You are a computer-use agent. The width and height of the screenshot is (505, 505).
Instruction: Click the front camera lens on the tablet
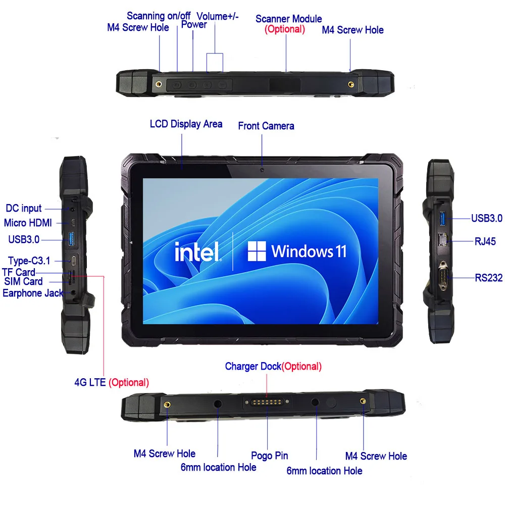pos(262,170)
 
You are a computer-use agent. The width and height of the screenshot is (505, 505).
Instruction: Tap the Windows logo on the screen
pos(257,251)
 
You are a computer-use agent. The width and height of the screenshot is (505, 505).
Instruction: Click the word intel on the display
pos(197,251)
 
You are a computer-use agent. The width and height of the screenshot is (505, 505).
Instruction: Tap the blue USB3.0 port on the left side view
pos(71,239)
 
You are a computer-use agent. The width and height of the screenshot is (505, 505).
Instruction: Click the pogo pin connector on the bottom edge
pos(266,402)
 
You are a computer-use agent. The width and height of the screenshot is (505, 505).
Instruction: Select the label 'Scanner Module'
pos(288,19)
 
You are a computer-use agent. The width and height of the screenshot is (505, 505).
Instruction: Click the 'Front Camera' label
pos(266,126)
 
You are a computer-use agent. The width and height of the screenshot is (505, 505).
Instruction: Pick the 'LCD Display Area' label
pos(186,124)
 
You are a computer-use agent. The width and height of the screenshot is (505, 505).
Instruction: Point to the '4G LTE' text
pos(90,382)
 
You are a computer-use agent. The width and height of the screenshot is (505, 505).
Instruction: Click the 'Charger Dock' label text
pos(253,367)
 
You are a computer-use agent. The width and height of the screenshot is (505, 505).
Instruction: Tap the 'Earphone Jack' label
pos(33,293)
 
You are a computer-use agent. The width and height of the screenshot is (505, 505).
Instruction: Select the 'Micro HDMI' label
pos(28,223)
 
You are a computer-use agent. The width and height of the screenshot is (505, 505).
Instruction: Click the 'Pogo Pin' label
pos(269,456)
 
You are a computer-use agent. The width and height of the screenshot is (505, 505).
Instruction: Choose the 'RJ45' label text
pos(485,241)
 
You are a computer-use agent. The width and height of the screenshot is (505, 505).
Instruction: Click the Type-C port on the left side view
pos(74,261)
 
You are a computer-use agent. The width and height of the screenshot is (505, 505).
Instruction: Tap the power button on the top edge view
pos(192,85)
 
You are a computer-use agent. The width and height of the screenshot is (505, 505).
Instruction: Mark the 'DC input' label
pos(24,209)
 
